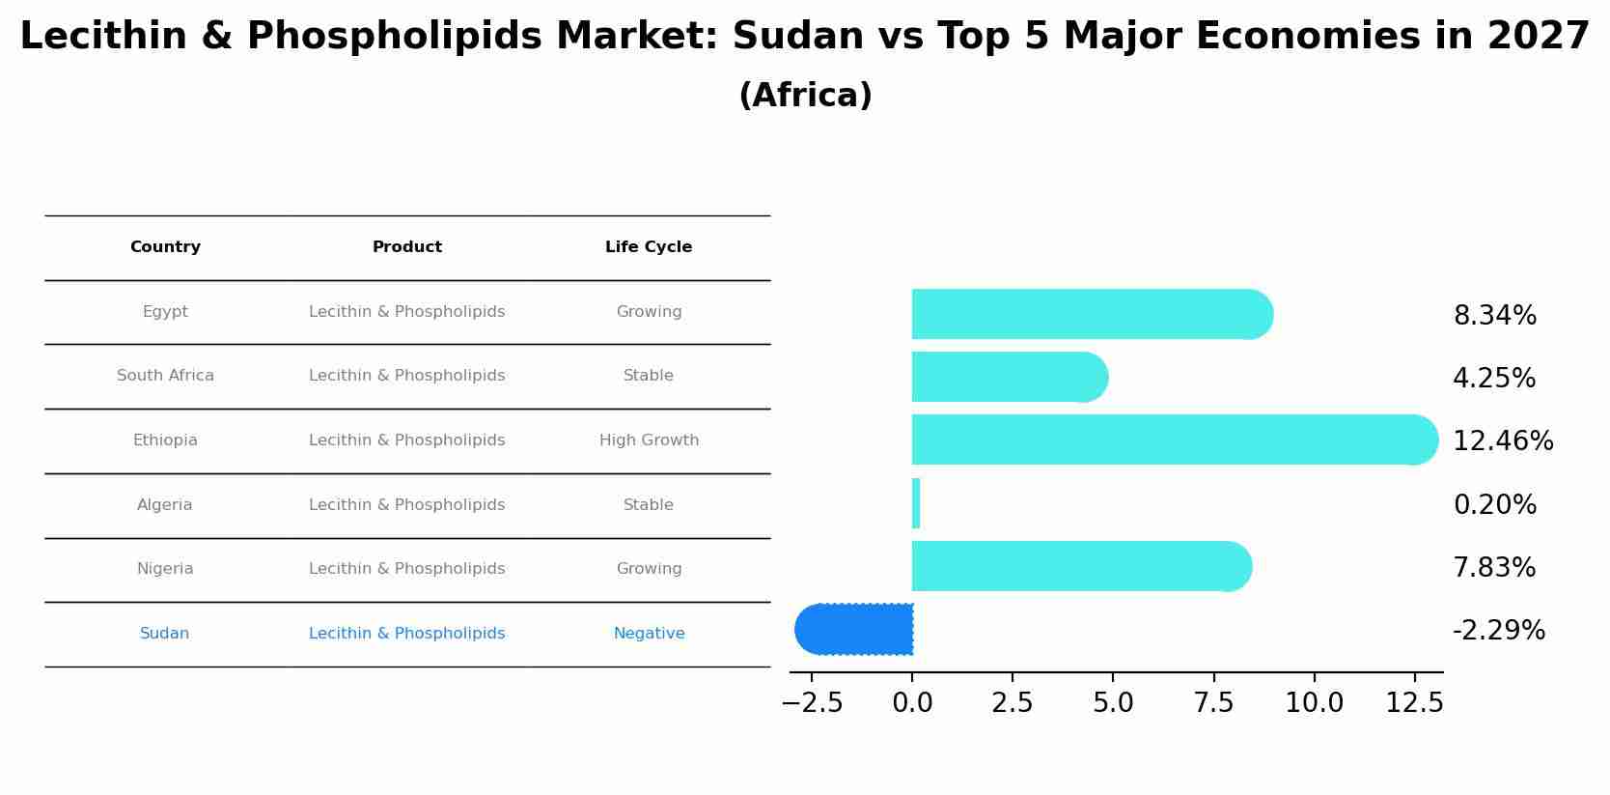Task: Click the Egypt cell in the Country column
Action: [165, 312]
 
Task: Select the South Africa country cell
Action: [165, 376]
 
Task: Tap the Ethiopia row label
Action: [165, 440]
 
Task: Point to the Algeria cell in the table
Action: [165, 505]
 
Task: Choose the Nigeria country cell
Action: [165, 569]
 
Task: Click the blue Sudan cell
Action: [164, 634]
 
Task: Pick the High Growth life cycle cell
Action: [649, 440]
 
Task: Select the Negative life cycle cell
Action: [649, 634]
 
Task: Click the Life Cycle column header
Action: [649, 247]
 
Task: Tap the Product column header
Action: [407, 247]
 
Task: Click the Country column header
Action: [165, 247]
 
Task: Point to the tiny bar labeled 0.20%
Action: [916, 503]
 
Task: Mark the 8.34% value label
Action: [1494, 316]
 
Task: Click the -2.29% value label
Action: [1498, 631]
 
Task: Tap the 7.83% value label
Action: [1494, 568]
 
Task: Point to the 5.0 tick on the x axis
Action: [1113, 703]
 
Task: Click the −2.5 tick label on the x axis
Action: [812, 703]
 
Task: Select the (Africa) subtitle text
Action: [805, 96]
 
